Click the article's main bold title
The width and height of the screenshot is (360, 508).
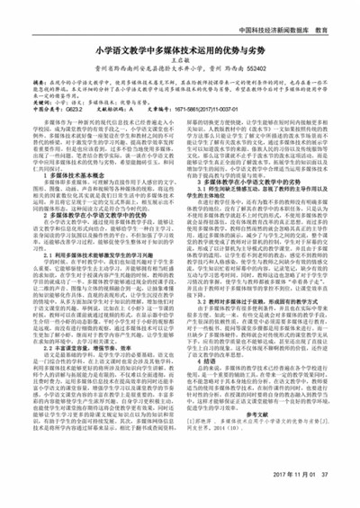coord(180,52)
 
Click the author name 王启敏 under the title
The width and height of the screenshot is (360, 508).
coord(180,66)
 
